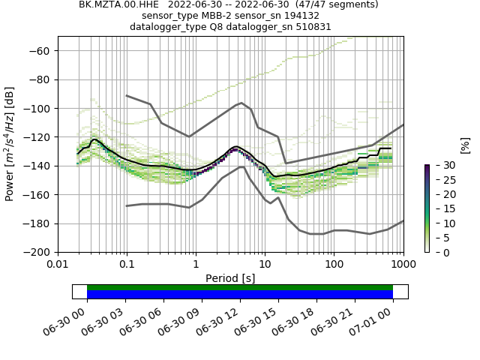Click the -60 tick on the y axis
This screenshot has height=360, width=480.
[x=43, y=51]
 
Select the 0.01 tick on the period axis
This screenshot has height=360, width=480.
[x=58, y=265]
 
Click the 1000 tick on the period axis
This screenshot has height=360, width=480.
[x=403, y=265]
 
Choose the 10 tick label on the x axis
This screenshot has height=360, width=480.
[x=265, y=265]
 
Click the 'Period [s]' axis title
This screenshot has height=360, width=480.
[x=230, y=278]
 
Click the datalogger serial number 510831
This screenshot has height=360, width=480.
[x=310, y=27]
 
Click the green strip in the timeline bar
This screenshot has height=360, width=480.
[x=240, y=287]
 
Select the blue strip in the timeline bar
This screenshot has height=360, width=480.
[x=240, y=295]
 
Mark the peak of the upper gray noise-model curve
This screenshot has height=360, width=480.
[x=241, y=103]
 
